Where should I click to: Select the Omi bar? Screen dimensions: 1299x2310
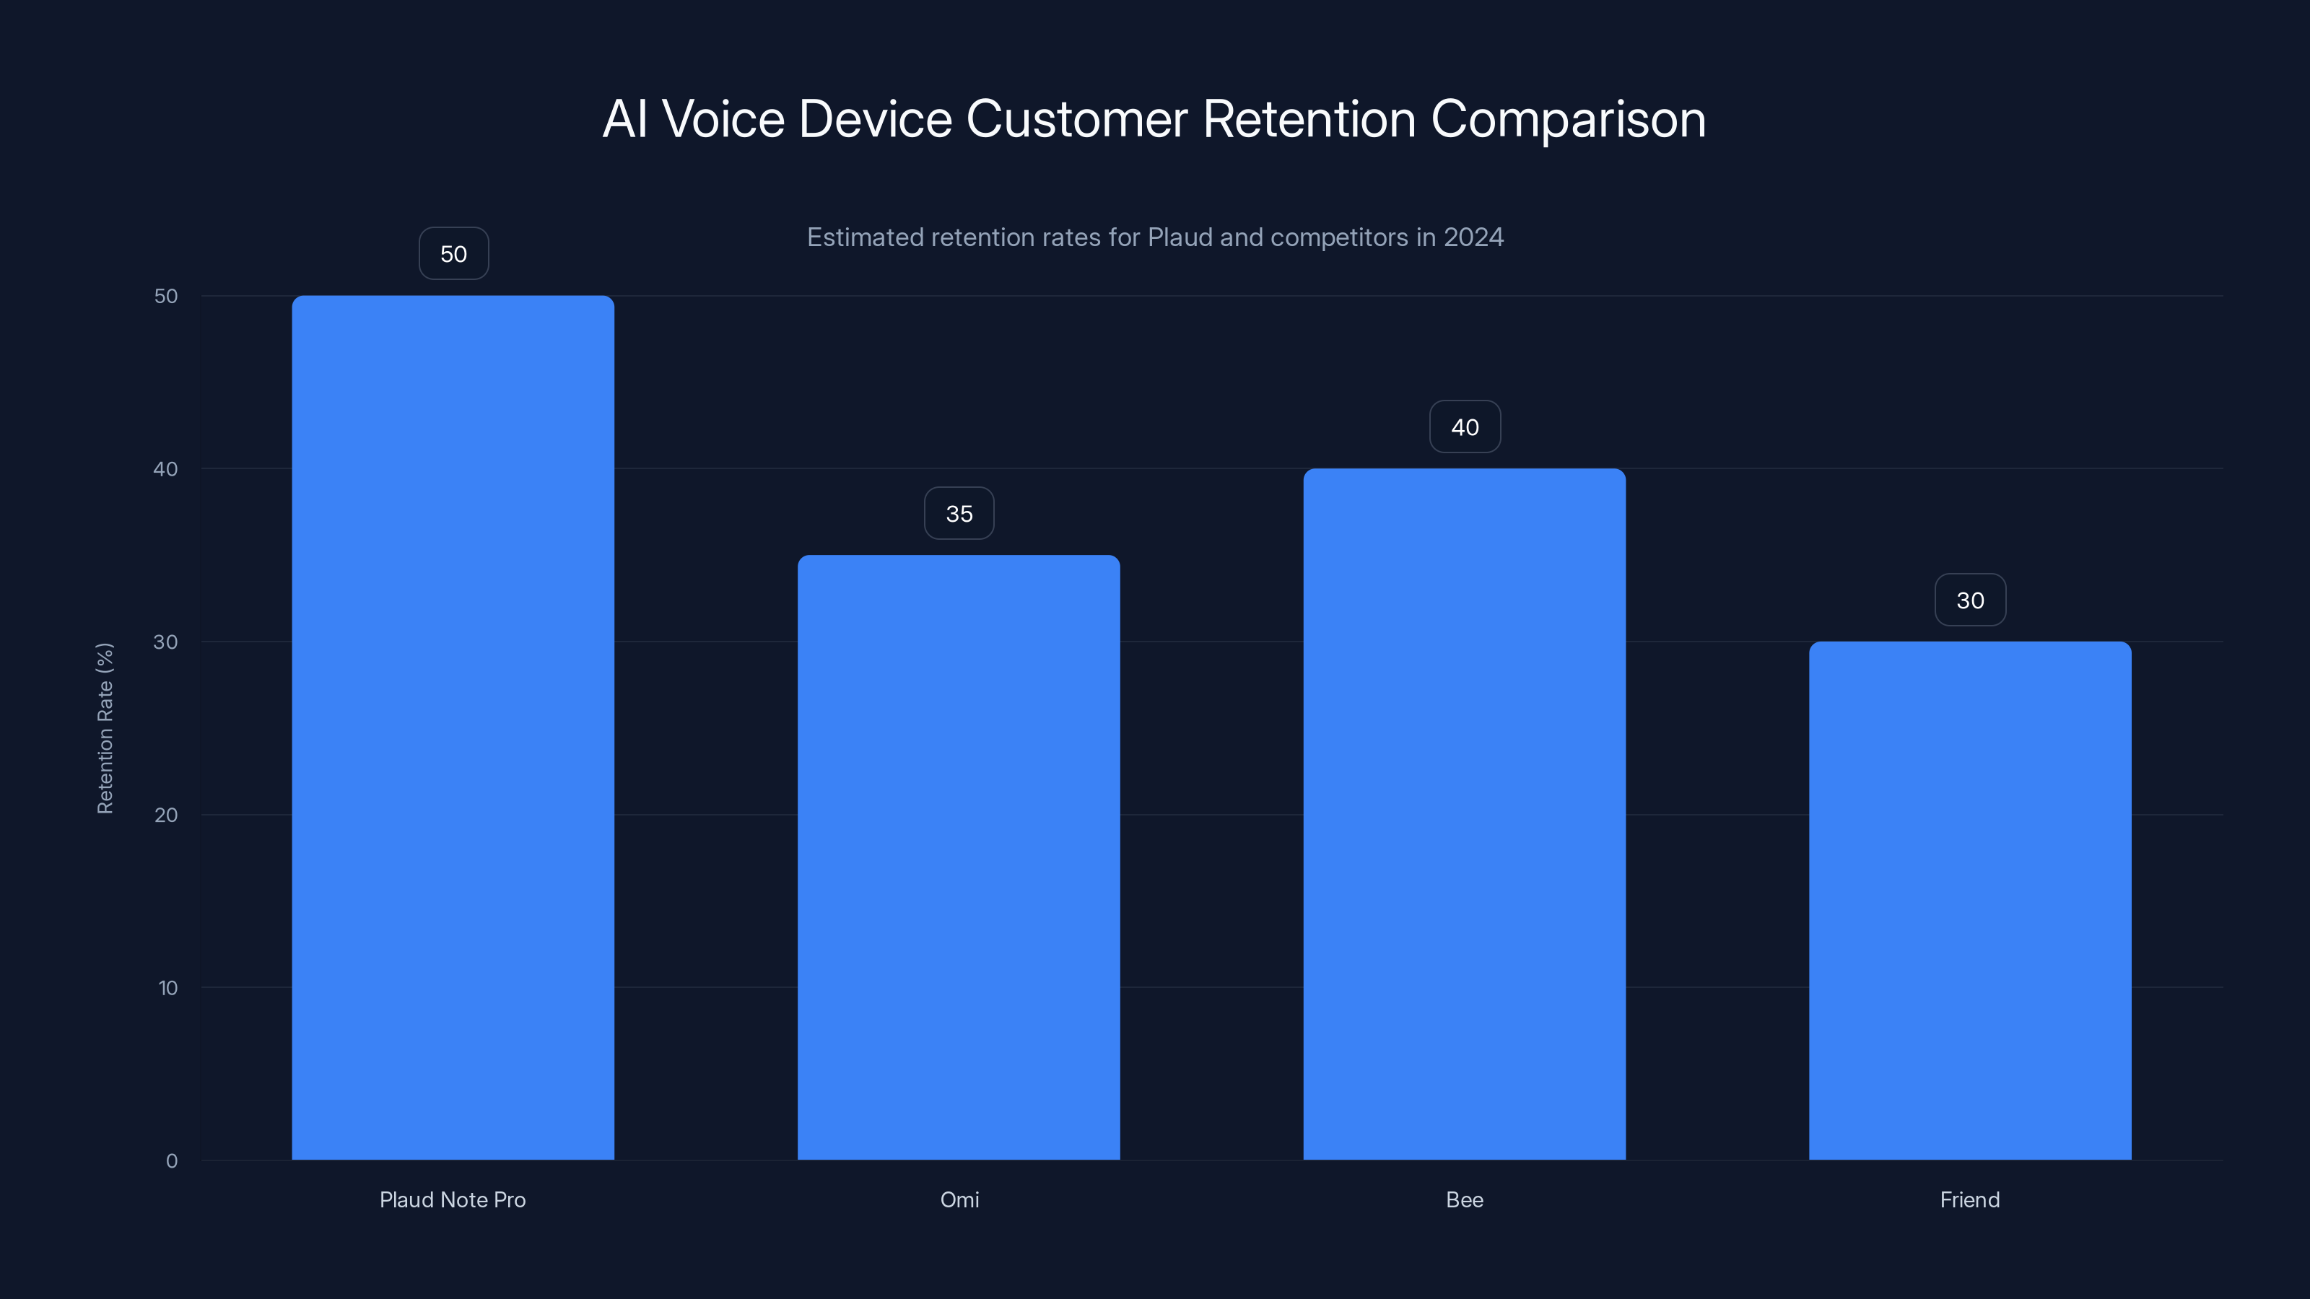tap(959, 857)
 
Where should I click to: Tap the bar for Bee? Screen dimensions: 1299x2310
tap(1465, 814)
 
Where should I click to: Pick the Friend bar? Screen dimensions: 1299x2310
tap(1969, 900)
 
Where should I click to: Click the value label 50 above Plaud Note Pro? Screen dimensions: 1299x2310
tap(454, 254)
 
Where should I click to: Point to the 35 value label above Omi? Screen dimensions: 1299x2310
tap(959, 514)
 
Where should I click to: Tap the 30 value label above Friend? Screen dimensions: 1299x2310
tap(1970, 600)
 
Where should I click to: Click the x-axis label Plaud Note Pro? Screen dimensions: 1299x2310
tap(453, 1199)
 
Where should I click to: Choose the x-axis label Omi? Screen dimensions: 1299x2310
tap(959, 1199)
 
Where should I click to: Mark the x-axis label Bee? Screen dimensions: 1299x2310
tap(1465, 1199)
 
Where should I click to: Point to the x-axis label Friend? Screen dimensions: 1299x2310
tap(1969, 1199)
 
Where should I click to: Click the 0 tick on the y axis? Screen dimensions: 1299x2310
tap(171, 1161)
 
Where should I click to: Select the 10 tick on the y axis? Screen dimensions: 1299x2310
tap(167, 988)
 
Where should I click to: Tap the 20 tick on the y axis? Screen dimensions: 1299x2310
tap(166, 815)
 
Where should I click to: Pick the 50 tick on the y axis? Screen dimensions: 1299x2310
tap(166, 296)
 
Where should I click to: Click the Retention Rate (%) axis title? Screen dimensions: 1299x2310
tap(105, 728)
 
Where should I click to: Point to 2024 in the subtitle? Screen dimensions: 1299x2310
tap(1473, 237)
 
